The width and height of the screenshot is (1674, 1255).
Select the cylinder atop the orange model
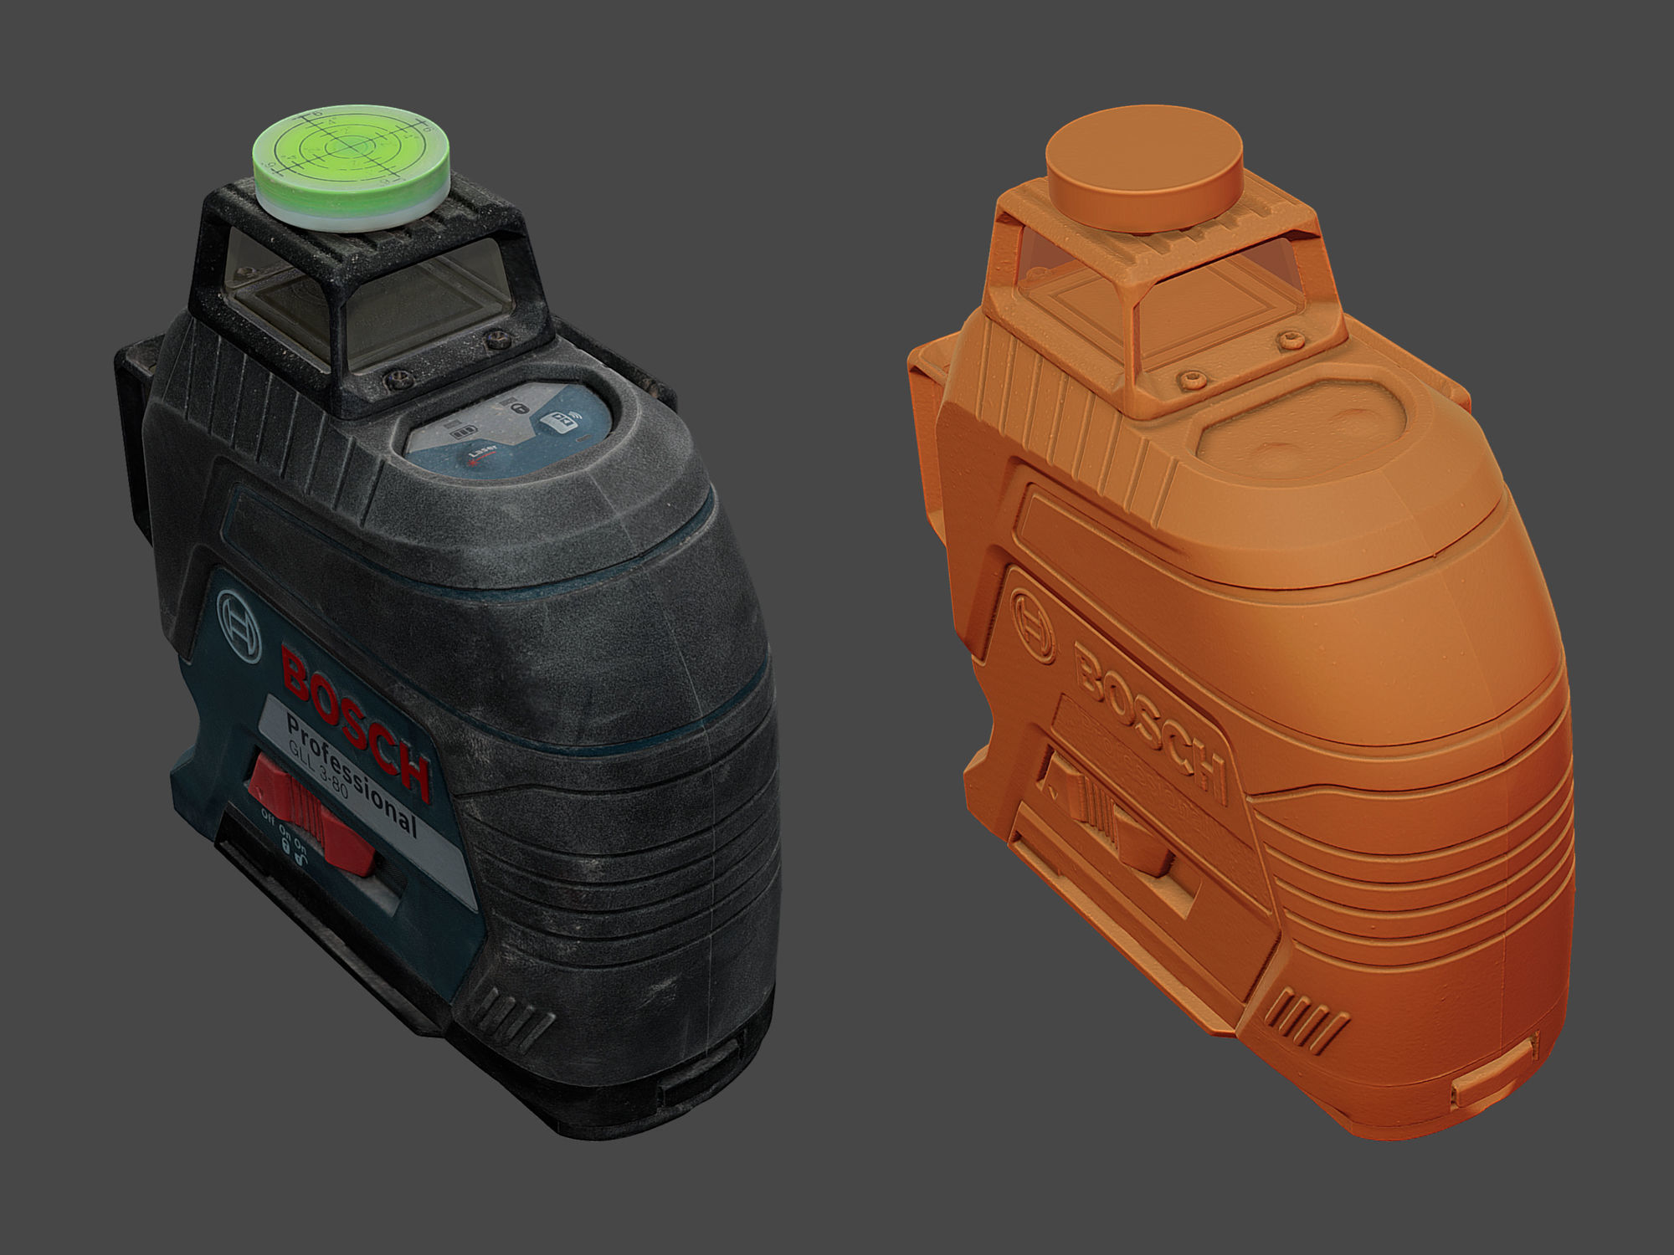tap(1144, 167)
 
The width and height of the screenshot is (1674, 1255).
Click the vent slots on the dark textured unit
tap(515, 1012)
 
